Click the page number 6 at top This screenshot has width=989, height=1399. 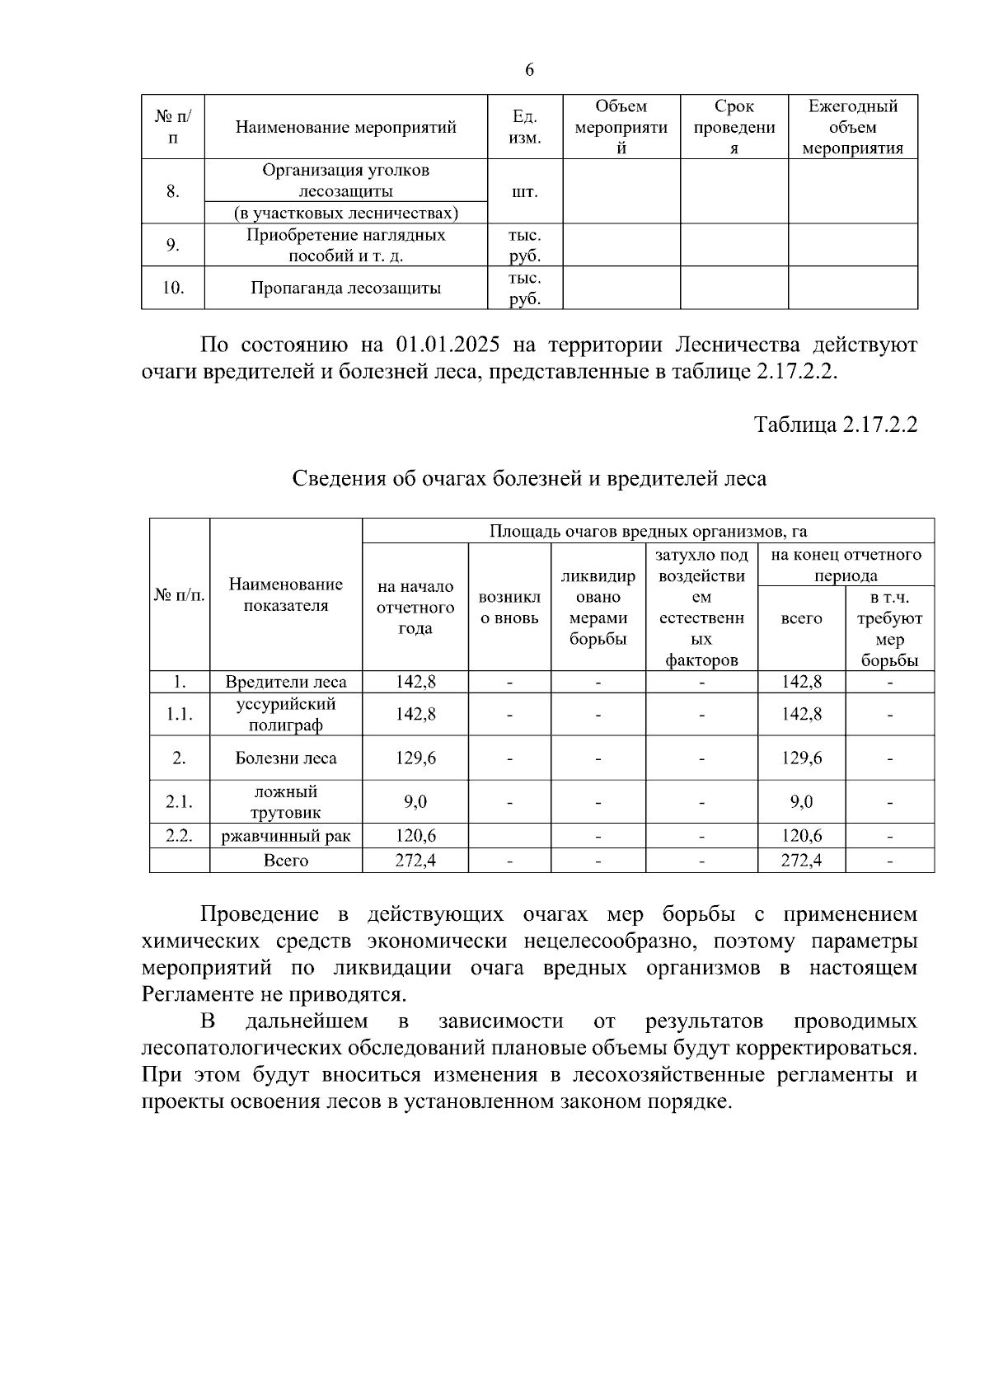pyautogui.click(x=529, y=70)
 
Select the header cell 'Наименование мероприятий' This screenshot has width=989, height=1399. pyautogui.click(x=345, y=128)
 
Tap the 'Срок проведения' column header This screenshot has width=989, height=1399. pyautogui.click(x=734, y=128)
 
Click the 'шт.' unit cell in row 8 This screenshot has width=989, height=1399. pyautogui.click(x=525, y=192)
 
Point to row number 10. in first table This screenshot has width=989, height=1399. pyautogui.click(x=173, y=288)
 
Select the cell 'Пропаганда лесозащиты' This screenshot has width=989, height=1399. pyautogui.click(x=345, y=288)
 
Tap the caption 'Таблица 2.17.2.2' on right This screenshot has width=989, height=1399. pyautogui.click(x=836, y=425)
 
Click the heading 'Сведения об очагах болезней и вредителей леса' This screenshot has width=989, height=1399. pyautogui.click(x=530, y=479)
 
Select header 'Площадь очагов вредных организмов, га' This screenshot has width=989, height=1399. pyautogui.click(x=648, y=531)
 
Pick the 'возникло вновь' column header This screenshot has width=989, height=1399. pyautogui.click(x=509, y=608)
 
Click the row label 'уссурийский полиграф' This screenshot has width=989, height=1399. pyautogui.click(x=286, y=715)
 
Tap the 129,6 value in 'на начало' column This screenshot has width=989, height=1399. pyautogui.click(x=415, y=758)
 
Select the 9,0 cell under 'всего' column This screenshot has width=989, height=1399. pyautogui.click(x=801, y=802)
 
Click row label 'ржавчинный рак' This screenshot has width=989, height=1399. pyautogui.click(x=286, y=837)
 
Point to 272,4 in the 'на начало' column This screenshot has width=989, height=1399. pyautogui.click(x=415, y=861)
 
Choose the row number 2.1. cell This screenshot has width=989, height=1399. pyautogui.click(x=179, y=802)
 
